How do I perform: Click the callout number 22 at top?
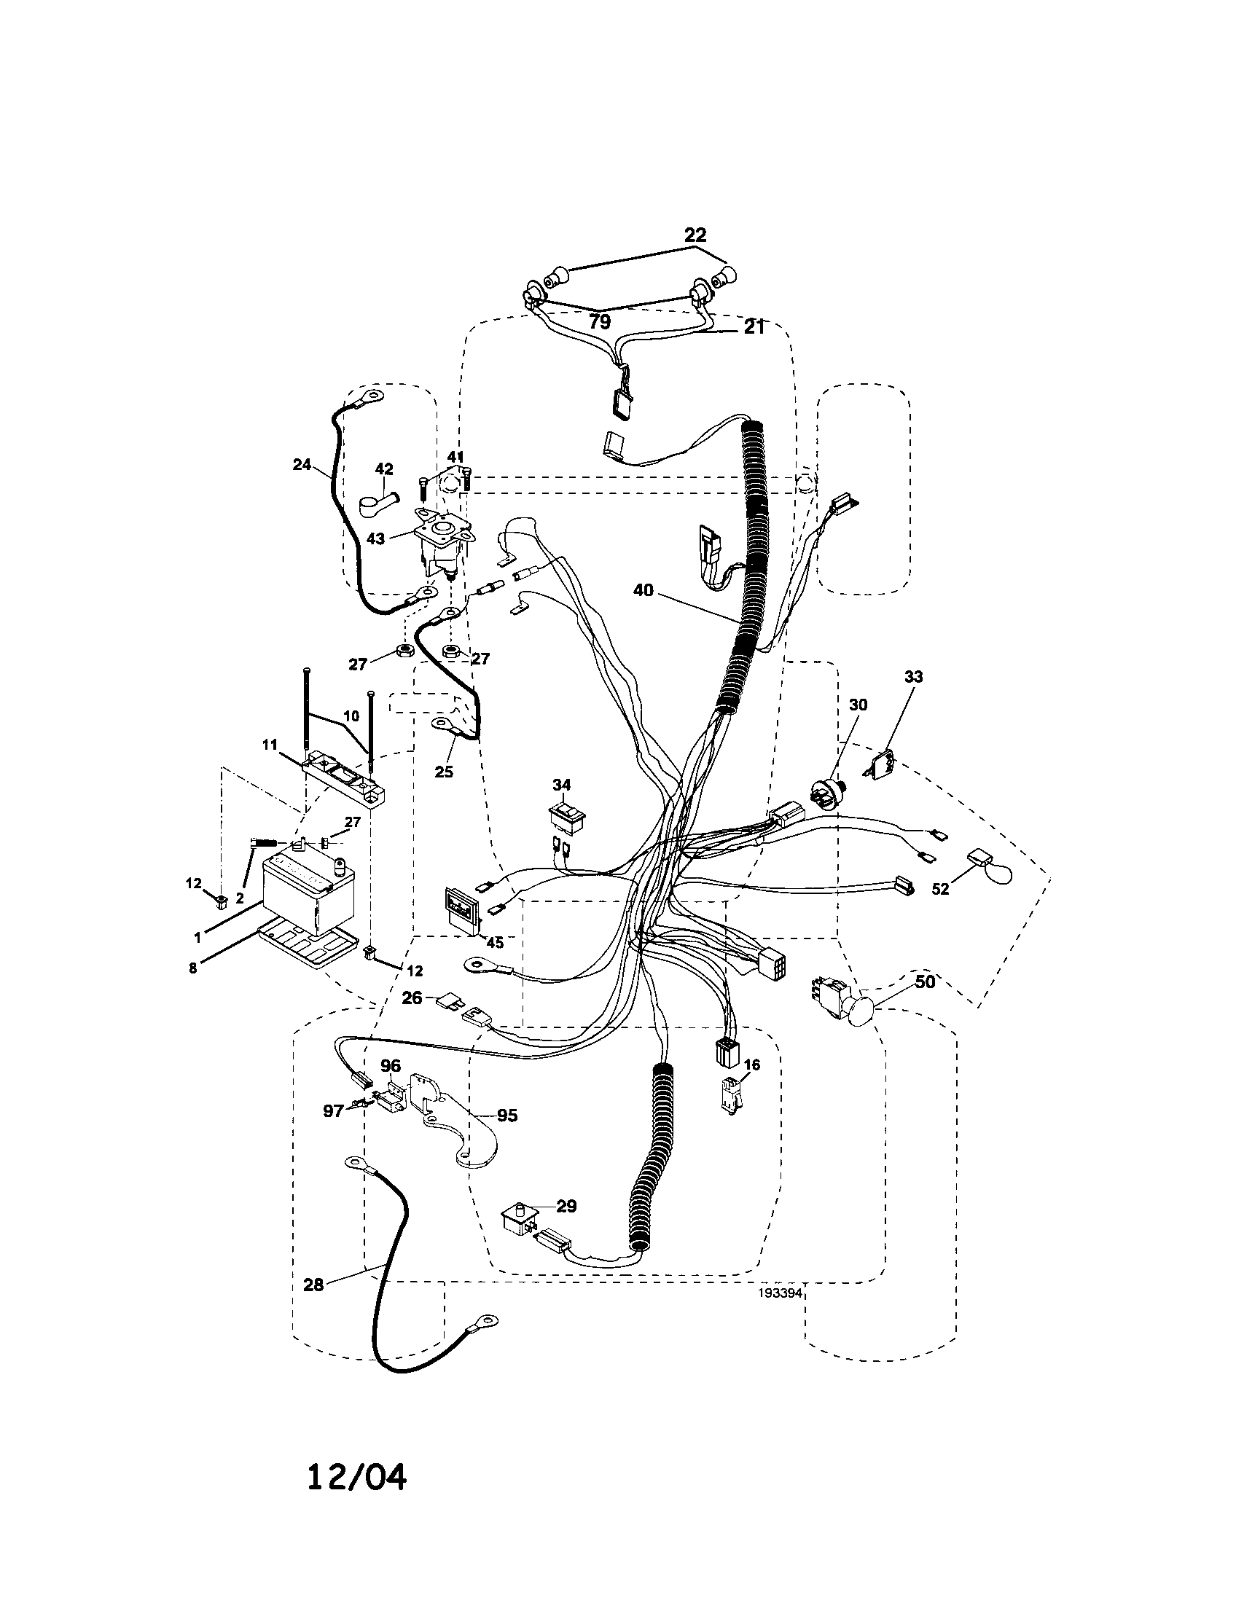[x=695, y=235]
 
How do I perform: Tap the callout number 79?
[x=600, y=321]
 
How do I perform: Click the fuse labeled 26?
[x=449, y=1001]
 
